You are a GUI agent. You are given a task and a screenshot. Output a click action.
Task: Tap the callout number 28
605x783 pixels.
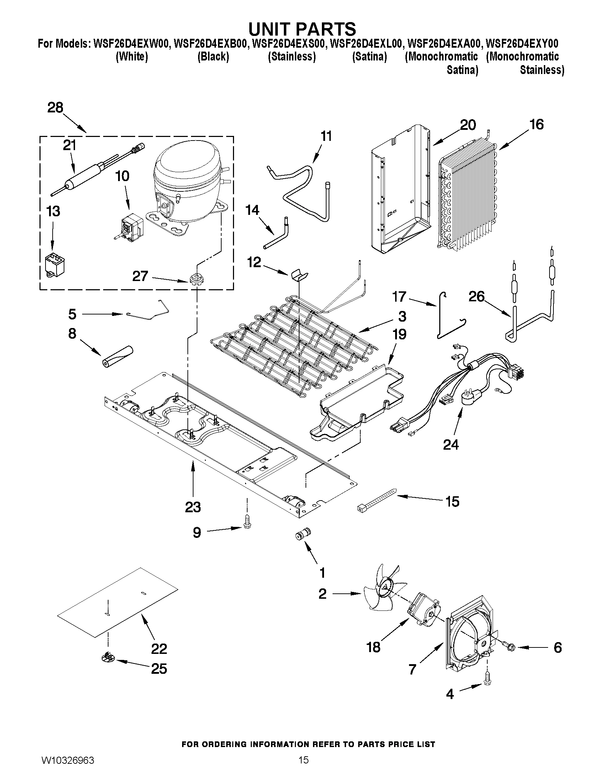tap(55, 107)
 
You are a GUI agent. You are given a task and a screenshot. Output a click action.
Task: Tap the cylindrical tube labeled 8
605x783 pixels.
tap(117, 356)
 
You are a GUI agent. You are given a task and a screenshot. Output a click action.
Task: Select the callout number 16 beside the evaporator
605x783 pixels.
tap(537, 125)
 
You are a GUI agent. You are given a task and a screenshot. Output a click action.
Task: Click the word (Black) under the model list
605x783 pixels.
tap(213, 57)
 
